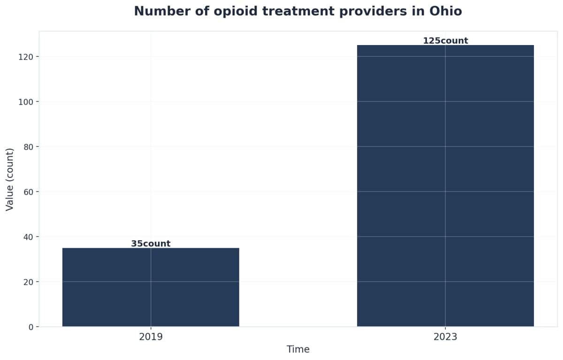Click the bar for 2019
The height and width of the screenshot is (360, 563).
click(151, 287)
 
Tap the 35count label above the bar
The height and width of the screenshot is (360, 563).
click(151, 244)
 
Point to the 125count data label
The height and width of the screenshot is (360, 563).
click(445, 41)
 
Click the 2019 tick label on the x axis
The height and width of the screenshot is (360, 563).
click(151, 337)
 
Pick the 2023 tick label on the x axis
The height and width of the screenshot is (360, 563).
click(445, 337)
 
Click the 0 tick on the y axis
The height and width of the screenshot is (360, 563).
click(30, 327)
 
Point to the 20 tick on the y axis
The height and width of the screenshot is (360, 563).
click(28, 282)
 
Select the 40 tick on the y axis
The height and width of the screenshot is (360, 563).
click(28, 237)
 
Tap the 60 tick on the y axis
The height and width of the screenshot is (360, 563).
click(28, 191)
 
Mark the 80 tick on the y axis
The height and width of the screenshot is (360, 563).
click(28, 147)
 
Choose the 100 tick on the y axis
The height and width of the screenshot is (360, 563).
click(26, 102)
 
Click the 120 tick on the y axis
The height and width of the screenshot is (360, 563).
click(26, 57)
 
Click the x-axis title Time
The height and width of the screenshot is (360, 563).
click(298, 350)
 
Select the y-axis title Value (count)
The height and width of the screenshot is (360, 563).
click(10, 179)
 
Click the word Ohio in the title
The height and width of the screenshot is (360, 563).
click(446, 11)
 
